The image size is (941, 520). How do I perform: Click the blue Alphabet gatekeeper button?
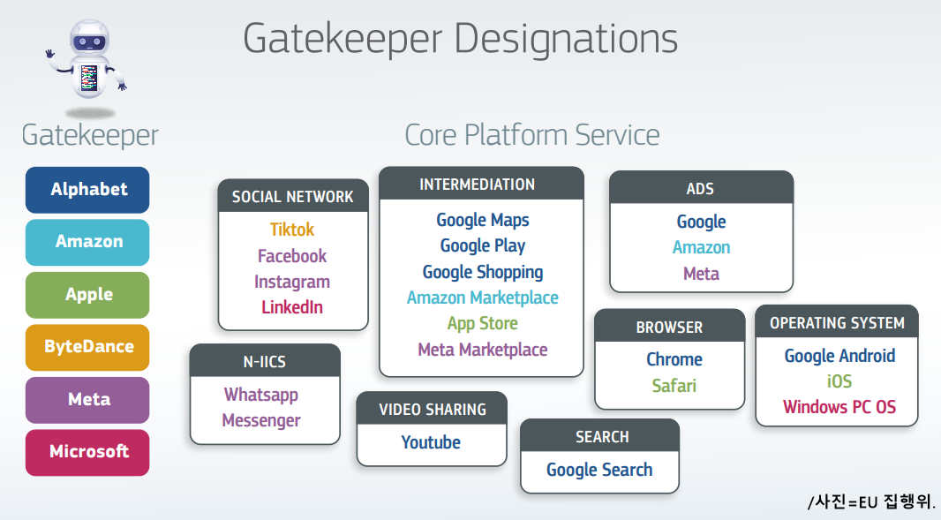[87, 190]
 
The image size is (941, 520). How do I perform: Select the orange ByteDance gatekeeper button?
[87, 347]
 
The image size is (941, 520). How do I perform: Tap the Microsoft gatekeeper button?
[87, 452]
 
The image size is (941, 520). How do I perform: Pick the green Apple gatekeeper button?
[87, 295]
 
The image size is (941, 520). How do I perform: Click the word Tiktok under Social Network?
[292, 230]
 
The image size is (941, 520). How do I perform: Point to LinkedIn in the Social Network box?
[292, 307]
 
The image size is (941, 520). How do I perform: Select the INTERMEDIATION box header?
[481, 184]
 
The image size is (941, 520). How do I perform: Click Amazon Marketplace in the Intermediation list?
[483, 298]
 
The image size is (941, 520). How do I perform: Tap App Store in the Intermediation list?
[483, 324]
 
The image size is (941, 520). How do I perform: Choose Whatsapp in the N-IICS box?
[261, 395]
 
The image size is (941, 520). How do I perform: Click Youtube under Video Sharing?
[431, 442]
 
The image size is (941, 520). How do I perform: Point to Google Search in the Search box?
[599, 470]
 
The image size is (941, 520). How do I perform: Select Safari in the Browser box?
[674, 386]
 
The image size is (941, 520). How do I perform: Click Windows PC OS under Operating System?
[839, 407]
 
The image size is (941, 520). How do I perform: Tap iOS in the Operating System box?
[839, 381]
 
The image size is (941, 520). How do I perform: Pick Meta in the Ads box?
[701, 274]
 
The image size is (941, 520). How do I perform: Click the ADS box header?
[701, 188]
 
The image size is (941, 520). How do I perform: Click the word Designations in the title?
[566, 40]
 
